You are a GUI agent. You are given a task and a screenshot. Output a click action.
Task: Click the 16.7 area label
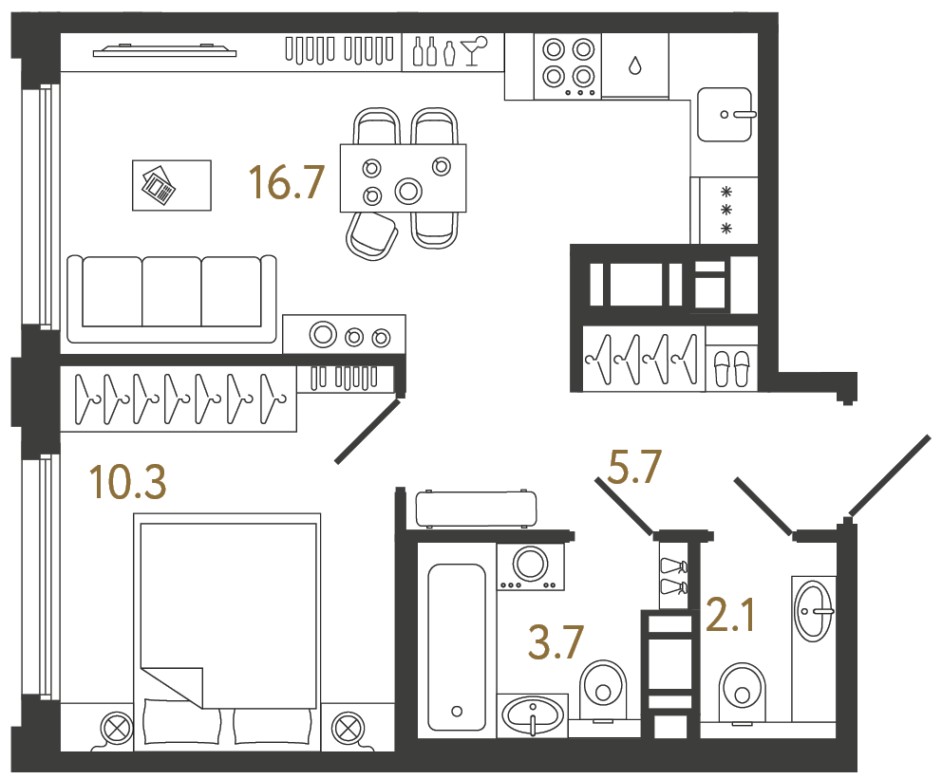tap(287, 183)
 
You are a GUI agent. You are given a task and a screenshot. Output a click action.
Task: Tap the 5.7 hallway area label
tap(634, 468)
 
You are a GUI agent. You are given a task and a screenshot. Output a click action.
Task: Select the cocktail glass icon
tap(472, 50)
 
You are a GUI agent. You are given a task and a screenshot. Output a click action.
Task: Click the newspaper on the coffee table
tap(159, 185)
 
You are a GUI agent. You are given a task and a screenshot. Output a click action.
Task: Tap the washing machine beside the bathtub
tap(531, 566)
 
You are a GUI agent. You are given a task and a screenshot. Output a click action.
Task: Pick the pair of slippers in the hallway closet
tap(731, 368)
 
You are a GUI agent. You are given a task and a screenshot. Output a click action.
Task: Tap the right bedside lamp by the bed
tap(348, 729)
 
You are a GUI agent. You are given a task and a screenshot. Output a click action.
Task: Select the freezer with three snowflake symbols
tap(726, 211)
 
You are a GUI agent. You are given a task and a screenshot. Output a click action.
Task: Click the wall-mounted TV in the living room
tap(163, 51)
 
